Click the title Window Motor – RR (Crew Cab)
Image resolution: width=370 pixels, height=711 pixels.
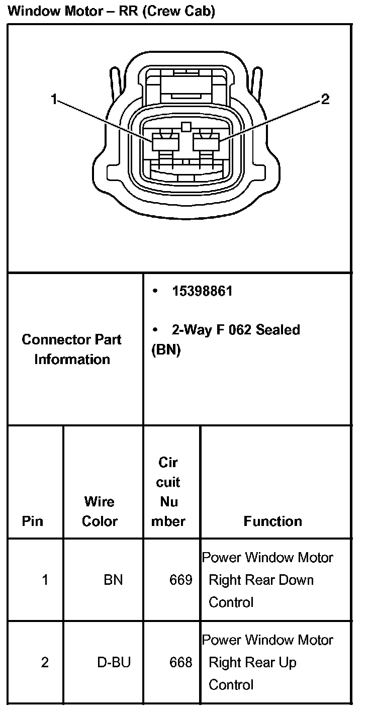pyautogui.click(x=112, y=11)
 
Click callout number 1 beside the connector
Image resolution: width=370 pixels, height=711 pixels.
pyautogui.click(x=53, y=100)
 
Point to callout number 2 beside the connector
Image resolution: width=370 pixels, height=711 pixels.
pyautogui.click(x=325, y=100)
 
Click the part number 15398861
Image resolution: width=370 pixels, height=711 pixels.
pyautogui.click(x=202, y=291)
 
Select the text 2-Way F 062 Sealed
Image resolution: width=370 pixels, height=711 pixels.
pyautogui.click(x=235, y=330)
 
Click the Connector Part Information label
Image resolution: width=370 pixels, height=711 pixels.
pyautogui.click(x=72, y=349)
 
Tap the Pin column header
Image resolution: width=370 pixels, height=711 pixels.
pyautogui.click(x=33, y=521)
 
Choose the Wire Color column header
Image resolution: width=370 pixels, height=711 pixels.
pyautogui.click(x=100, y=511)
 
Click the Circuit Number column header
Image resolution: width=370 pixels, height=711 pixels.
pyautogui.click(x=168, y=492)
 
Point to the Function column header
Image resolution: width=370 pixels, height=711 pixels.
pyautogui.click(x=272, y=521)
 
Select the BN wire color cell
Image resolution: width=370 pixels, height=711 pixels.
pyautogui.click(x=113, y=580)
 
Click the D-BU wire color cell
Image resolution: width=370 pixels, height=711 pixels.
pyautogui.click(x=114, y=662)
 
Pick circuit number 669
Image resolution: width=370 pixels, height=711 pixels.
pyautogui.click(x=180, y=580)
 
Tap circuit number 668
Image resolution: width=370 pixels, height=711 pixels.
pyautogui.click(x=180, y=662)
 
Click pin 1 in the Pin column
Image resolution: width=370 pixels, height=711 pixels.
pyautogui.click(x=45, y=580)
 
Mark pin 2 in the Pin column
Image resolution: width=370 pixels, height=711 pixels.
pyautogui.click(x=45, y=662)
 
